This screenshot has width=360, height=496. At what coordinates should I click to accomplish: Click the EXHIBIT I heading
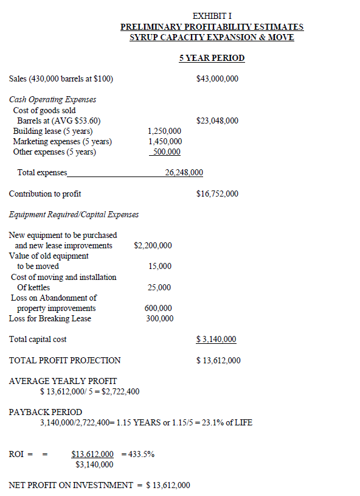tap(212, 16)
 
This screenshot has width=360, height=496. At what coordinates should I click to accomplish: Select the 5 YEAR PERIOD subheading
tap(212, 58)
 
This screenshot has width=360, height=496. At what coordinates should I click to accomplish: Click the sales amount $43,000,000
tap(218, 79)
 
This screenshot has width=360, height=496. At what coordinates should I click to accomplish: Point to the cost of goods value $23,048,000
tap(218, 121)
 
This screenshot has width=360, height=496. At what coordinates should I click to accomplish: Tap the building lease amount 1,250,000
tap(164, 131)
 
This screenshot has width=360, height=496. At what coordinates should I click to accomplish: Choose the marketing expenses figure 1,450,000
tap(164, 141)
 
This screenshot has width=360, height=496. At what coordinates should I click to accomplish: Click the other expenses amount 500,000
tap(165, 152)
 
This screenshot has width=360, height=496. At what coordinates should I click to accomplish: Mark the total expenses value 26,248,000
tap(184, 173)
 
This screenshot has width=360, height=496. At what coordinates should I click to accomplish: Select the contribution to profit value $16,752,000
tap(218, 194)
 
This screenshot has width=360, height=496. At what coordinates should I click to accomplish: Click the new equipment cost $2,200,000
tap(153, 246)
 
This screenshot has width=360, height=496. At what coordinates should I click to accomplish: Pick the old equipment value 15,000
tap(160, 267)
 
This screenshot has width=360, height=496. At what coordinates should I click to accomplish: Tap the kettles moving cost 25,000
tap(160, 287)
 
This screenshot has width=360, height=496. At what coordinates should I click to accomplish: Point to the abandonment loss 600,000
tap(158, 309)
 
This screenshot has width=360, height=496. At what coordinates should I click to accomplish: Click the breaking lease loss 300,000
tap(159, 318)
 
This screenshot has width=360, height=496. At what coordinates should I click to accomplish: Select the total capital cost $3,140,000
tap(216, 339)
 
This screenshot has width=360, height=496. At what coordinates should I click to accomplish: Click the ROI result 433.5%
tap(141, 454)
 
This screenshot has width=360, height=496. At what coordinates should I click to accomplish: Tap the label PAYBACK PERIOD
tap(46, 412)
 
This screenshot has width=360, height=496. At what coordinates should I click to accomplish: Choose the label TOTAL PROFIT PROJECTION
tap(64, 360)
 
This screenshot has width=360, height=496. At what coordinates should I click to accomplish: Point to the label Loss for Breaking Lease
tap(50, 318)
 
